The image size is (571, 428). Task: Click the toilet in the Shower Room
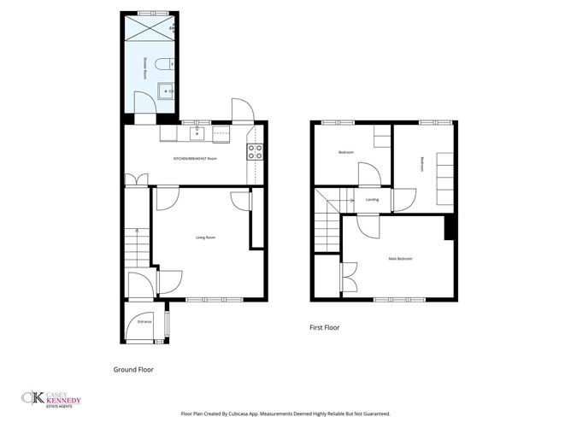coord(171,61)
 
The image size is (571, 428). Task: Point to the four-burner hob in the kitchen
coord(255,151)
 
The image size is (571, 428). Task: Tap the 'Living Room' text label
coord(205,237)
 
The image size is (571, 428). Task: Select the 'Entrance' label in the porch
coord(144,321)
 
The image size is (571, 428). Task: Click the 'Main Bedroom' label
coord(401,258)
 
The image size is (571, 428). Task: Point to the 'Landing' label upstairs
coord(372,200)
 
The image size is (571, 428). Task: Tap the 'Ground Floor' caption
coord(133,370)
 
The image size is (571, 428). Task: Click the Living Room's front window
coord(204,299)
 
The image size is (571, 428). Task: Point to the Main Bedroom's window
coord(393,299)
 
